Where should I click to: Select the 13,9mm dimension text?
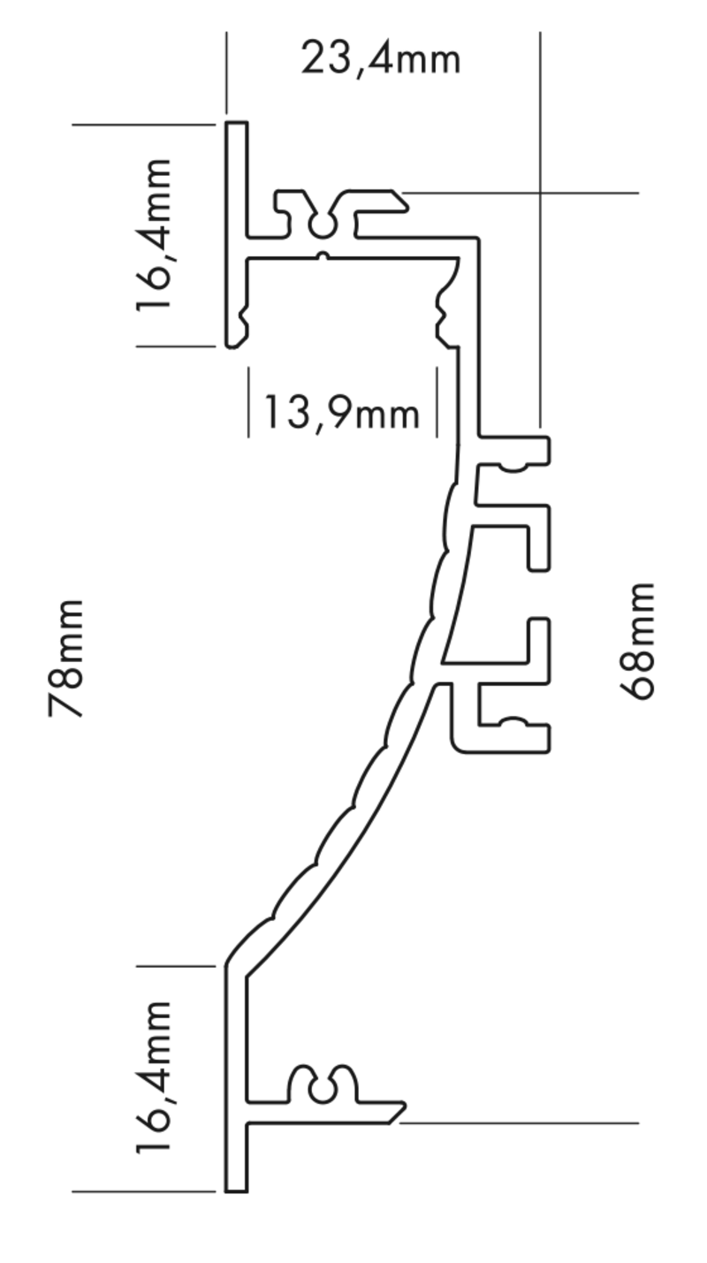(x=342, y=413)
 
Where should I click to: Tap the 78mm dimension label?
(x=66, y=658)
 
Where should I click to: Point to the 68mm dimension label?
(x=637, y=642)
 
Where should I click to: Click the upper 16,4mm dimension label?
(x=154, y=235)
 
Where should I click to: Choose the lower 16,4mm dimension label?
(x=154, y=1077)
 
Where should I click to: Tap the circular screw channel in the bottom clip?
(x=322, y=1092)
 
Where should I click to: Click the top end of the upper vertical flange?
(x=236, y=122)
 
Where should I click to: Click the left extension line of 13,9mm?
(x=248, y=402)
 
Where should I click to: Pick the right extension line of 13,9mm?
(x=437, y=402)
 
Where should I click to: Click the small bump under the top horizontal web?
(x=323, y=257)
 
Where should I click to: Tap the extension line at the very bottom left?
(x=144, y=1191)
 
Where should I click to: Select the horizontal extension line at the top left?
(x=144, y=125)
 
